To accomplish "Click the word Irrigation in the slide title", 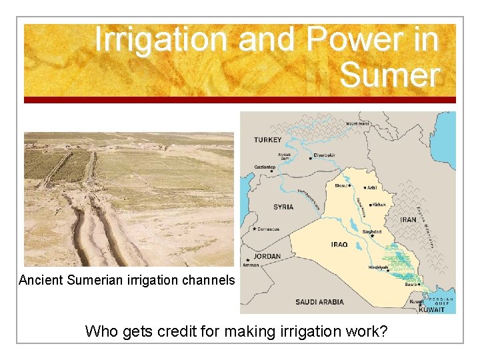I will tap(162, 40).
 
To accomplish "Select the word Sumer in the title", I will tap(389, 75).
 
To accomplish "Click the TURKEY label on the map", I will tap(267, 140).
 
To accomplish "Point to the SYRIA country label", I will tap(283, 207).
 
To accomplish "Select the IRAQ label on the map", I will tap(339, 245).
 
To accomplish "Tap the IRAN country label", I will tap(408, 219).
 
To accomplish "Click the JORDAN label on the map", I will tap(267, 257).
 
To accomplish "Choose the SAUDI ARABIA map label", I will tap(320, 302).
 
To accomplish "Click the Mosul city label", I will tap(341, 186).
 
